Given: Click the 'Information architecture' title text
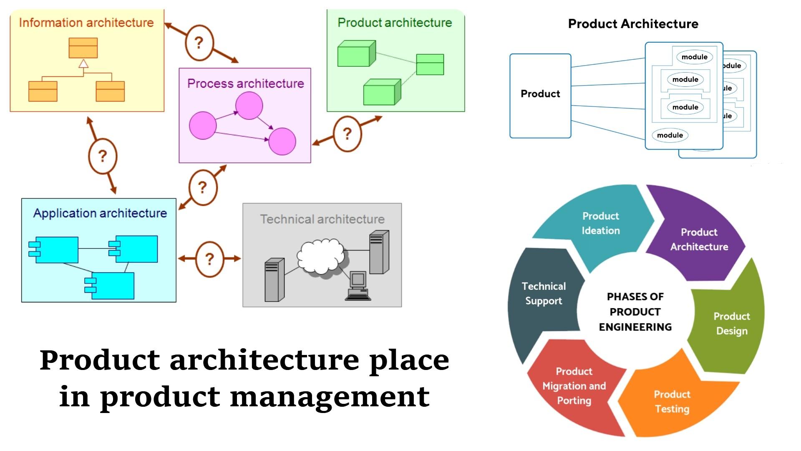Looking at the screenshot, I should point(86,23).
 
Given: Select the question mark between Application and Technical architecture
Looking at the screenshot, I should point(209,259).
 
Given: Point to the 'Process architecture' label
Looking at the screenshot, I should point(245,84).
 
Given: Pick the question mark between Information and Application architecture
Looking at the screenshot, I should point(103,156).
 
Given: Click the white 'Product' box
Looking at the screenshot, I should point(540,96).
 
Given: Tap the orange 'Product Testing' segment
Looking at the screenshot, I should point(672,401).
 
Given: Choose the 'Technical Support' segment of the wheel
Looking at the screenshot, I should point(543,294).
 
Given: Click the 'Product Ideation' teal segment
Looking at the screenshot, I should point(601,223).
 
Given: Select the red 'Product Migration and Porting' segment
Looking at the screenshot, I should point(574,386).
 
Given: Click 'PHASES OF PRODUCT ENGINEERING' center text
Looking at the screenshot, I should point(635,312).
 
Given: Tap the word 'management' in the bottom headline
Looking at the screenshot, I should point(330,396).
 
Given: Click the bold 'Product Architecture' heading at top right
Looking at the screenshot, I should point(633,24).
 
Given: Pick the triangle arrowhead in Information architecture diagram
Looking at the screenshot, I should point(83,63).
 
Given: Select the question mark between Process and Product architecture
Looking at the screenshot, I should point(347,134).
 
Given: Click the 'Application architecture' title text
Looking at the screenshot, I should point(100,213).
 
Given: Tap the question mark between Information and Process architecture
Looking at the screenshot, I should point(199,43).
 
